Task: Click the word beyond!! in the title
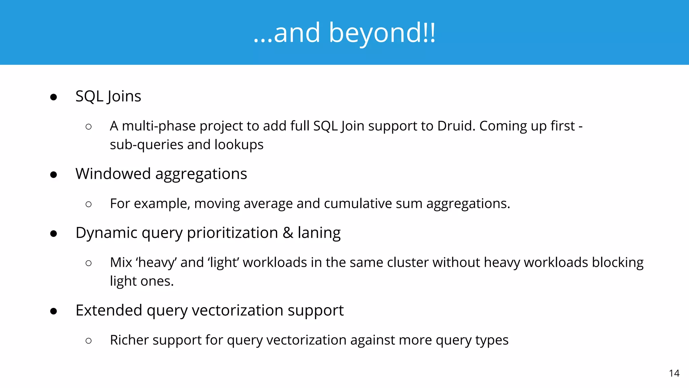pyautogui.click(x=382, y=33)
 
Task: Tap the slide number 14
pyautogui.click(x=674, y=373)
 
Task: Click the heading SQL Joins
pyautogui.click(x=108, y=96)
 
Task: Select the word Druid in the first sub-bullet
pyautogui.click(x=456, y=126)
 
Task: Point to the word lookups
pyautogui.click(x=239, y=145)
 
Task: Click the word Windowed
pyautogui.click(x=113, y=174)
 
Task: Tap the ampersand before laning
pyautogui.click(x=288, y=233)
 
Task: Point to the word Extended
pyautogui.click(x=109, y=310)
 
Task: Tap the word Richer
pyautogui.click(x=129, y=340)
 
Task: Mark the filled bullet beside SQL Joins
pyautogui.click(x=53, y=97)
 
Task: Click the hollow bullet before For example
pyautogui.click(x=88, y=204)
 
